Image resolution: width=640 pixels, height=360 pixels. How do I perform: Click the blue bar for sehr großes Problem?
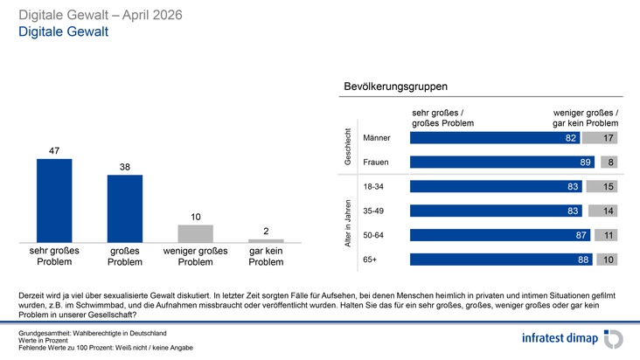[54, 201]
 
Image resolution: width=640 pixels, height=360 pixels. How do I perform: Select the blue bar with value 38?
[125, 209]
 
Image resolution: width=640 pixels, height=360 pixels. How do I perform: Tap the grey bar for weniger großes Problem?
[196, 233]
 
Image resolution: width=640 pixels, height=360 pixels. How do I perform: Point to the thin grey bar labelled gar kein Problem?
[266, 241]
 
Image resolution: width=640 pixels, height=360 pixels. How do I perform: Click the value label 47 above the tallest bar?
[54, 151]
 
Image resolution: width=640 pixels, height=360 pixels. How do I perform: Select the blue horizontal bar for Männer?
[495, 138]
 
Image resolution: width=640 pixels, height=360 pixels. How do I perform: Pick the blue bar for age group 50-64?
[500, 235]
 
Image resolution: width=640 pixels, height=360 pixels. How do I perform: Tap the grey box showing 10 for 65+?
[607, 260]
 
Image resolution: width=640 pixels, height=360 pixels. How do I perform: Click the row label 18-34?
[373, 187]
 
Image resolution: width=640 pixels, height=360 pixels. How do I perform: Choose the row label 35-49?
[373, 211]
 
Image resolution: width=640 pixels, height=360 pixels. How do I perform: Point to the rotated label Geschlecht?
[348, 147]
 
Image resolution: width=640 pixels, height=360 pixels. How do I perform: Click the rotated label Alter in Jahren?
[348, 224]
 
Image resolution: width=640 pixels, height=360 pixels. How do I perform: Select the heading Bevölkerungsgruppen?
[395, 87]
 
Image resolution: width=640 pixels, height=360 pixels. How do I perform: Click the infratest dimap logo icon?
[614, 339]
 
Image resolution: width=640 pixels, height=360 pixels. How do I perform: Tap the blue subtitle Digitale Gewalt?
[63, 31]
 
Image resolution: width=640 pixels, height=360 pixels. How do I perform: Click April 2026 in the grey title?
[152, 15]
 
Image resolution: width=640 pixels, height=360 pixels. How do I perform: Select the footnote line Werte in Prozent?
[43, 341]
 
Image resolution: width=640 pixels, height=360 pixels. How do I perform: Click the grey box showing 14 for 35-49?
[603, 211]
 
